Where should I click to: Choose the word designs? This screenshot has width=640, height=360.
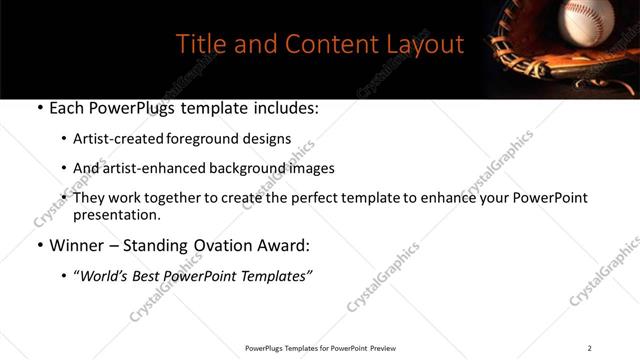pyautogui.click(x=266, y=139)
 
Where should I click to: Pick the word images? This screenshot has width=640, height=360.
pyautogui.click(x=309, y=169)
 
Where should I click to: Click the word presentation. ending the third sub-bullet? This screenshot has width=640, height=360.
pyautogui.click(x=117, y=215)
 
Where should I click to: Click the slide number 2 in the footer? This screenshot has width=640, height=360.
pyautogui.click(x=589, y=348)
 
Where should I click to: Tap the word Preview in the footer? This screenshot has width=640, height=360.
pyautogui.click(x=383, y=348)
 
